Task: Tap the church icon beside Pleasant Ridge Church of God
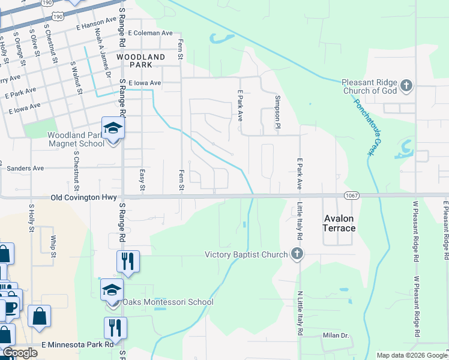pyautogui.click(x=406, y=86)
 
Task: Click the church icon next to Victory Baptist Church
pyautogui.click(x=296, y=254)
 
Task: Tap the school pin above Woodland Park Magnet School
pyautogui.click(x=112, y=128)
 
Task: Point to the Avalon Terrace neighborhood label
pyautogui.click(x=340, y=223)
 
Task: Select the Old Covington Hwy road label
pyautogui.click(x=82, y=197)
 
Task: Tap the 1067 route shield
pyautogui.click(x=352, y=196)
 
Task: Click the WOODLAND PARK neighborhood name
pyautogui.click(x=140, y=60)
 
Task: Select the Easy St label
pyautogui.click(x=142, y=179)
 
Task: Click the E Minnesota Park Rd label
pyautogui.click(x=77, y=344)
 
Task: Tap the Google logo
pyautogui.click(x=20, y=353)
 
